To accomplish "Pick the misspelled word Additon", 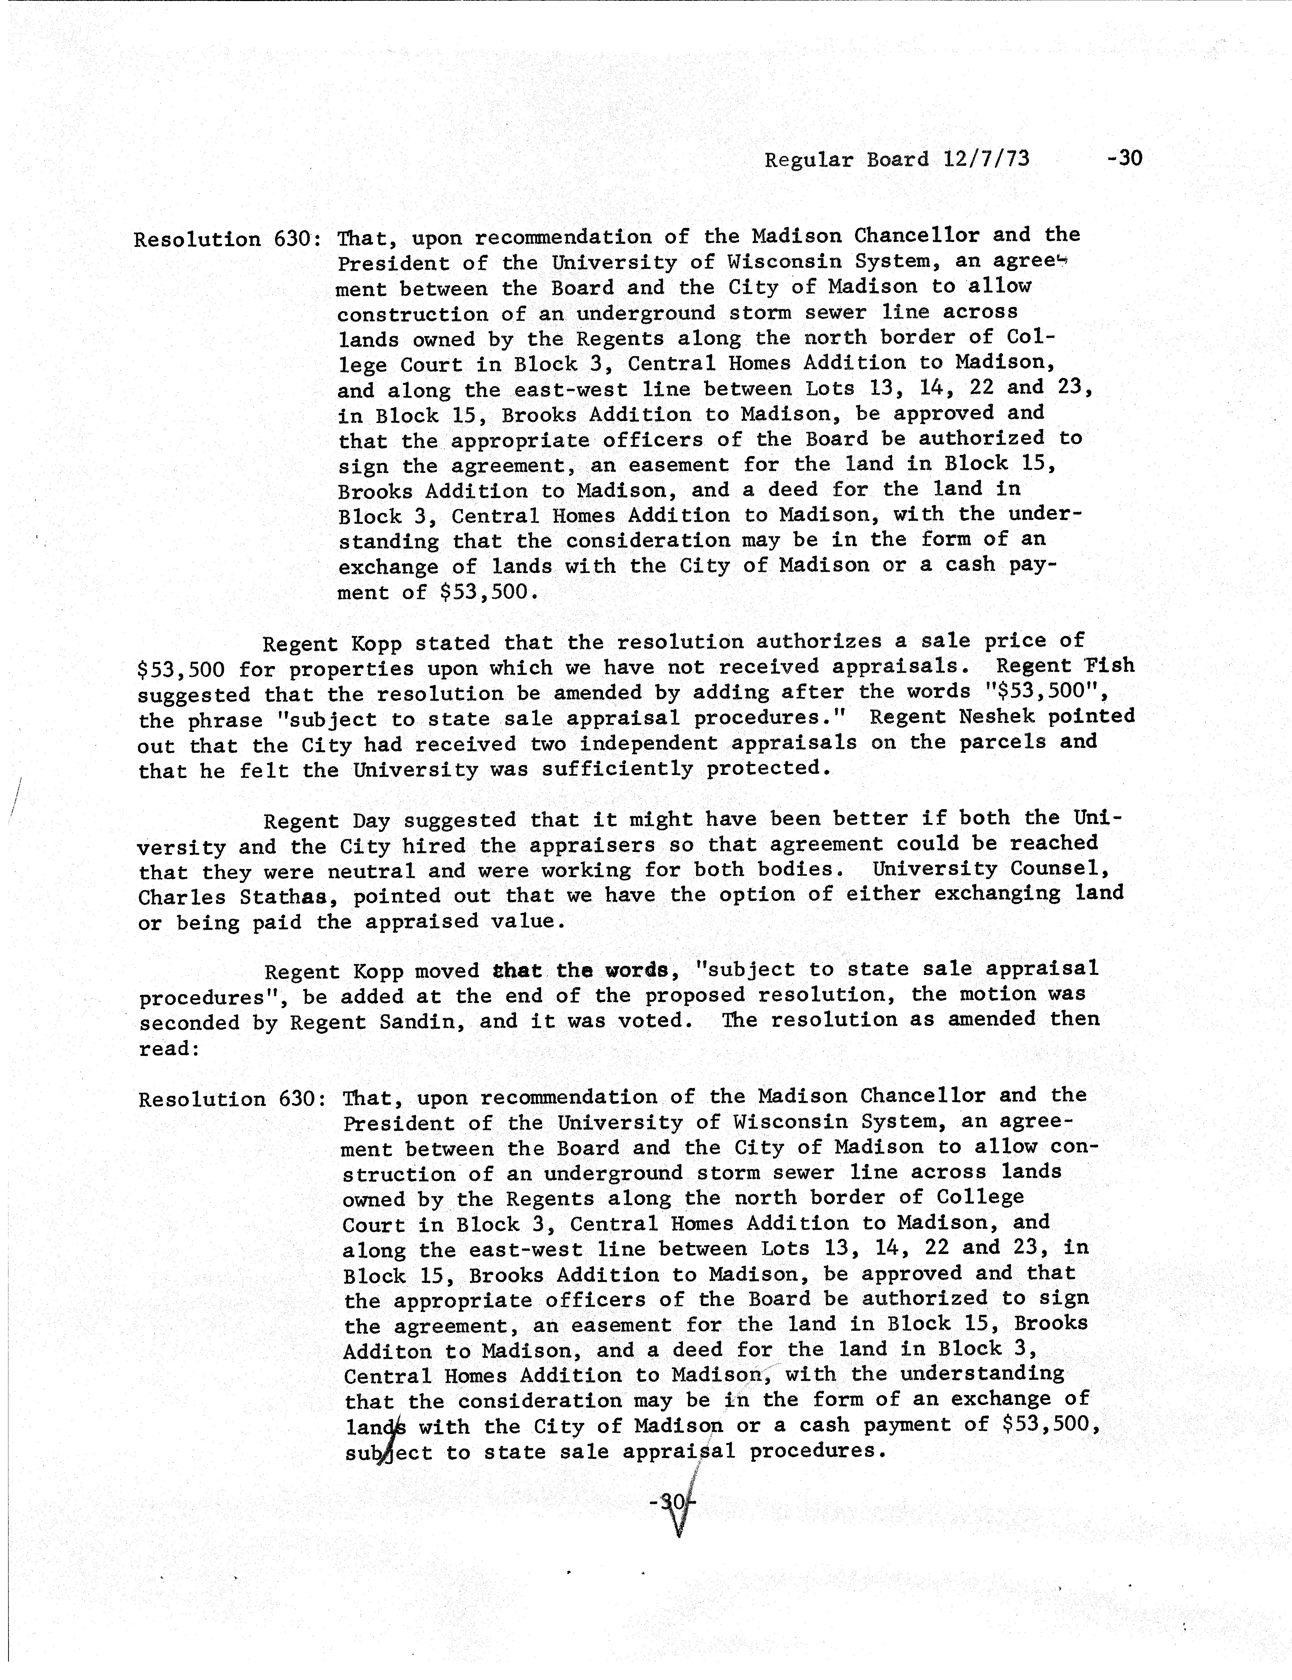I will click(386, 1352).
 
